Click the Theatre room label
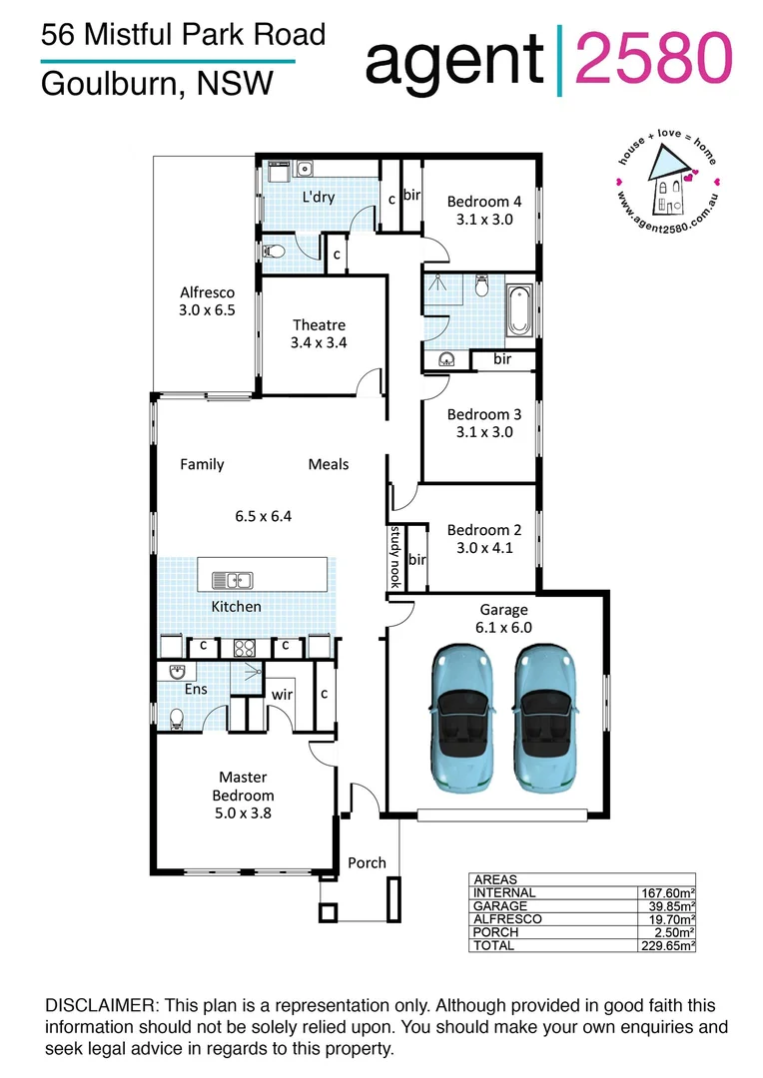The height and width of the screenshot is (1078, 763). point(319,325)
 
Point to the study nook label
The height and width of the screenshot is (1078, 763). point(395,556)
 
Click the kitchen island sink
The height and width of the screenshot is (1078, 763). point(238,580)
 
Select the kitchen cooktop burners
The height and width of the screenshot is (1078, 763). point(246,647)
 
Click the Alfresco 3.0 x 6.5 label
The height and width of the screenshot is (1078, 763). point(207,301)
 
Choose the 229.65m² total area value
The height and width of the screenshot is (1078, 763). point(667,944)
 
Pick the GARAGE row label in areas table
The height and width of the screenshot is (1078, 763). point(503,905)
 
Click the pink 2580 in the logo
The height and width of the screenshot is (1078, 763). point(655,58)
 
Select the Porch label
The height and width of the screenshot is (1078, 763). point(367,862)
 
